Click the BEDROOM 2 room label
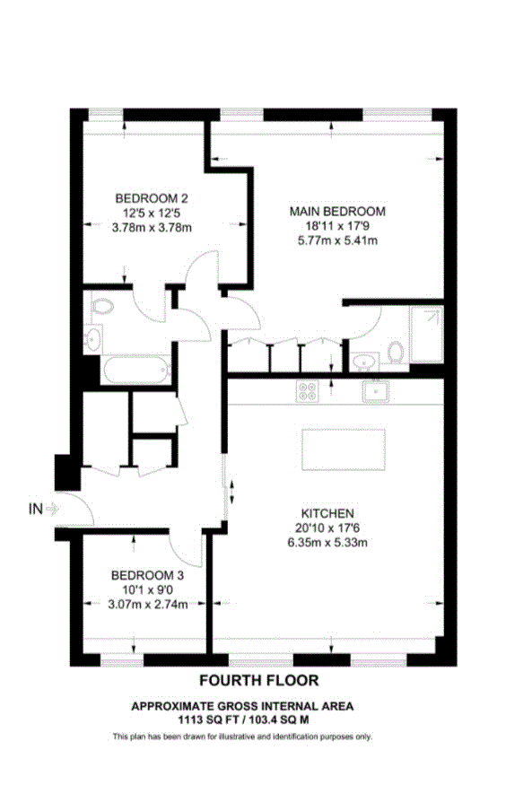(151, 198)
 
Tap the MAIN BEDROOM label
(336, 211)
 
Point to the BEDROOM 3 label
(148, 575)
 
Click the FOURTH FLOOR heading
(258, 681)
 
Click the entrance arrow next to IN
(52, 509)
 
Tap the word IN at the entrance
(36, 510)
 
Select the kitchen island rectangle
(344, 446)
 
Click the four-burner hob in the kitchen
(308, 391)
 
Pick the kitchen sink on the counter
(375, 390)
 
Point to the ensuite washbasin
(363, 362)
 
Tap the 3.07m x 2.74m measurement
(149, 604)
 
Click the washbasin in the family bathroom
(92, 339)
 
